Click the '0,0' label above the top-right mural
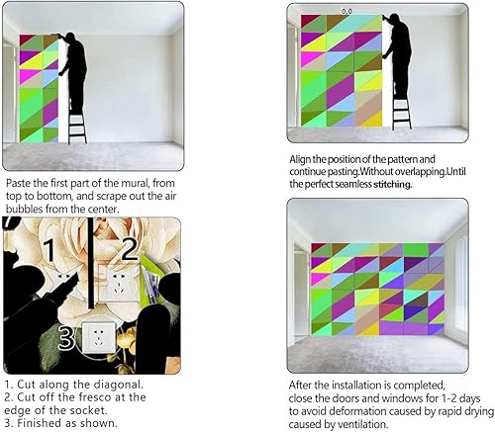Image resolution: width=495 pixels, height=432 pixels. click(346, 10)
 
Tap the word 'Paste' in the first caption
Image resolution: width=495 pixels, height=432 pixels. click(21, 184)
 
